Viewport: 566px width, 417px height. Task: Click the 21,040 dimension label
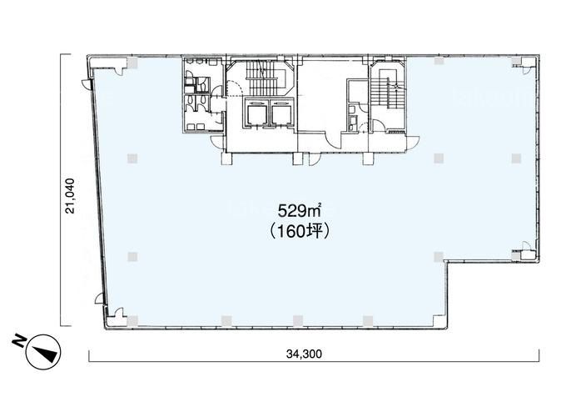(x=70, y=196)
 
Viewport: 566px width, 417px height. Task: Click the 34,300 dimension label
(x=304, y=354)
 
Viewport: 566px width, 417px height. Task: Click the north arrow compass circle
(x=43, y=352)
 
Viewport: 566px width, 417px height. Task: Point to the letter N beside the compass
(x=18, y=340)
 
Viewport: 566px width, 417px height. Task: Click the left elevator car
(x=256, y=113)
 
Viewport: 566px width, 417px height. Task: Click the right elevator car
(x=281, y=113)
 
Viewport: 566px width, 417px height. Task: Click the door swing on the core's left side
(x=218, y=142)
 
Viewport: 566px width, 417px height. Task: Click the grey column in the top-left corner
(x=132, y=63)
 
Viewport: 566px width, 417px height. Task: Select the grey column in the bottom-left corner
(x=132, y=320)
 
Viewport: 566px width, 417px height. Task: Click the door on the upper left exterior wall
(x=87, y=84)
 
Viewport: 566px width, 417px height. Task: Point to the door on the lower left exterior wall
(x=100, y=298)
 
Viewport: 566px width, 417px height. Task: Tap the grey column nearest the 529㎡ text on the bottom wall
(x=298, y=320)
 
